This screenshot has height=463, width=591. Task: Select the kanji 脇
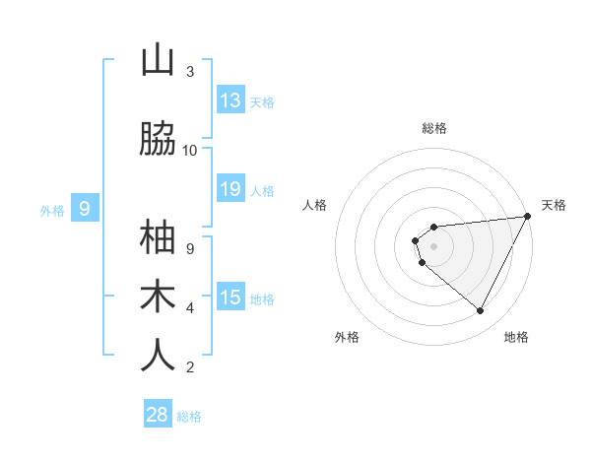[x=158, y=140]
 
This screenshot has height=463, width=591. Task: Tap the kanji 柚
[x=158, y=238]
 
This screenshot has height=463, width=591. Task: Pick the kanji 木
[x=158, y=296]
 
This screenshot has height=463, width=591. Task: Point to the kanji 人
[x=158, y=355]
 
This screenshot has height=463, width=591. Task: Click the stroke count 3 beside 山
[x=190, y=72]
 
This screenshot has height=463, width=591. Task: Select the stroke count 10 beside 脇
[x=190, y=151]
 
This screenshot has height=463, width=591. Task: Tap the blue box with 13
[x=230, y=100]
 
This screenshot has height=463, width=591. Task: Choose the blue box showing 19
[x=230, y=189]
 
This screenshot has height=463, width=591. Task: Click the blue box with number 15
[x=230, y=298]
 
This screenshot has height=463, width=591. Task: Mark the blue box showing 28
[x=158, y=415]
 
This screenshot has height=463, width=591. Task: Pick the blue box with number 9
[x=85, y=208]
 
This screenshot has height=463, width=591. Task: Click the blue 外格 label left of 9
[x=52, y=210]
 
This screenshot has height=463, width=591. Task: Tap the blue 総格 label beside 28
[x=189, y=417]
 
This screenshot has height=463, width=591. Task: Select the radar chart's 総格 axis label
[x=433, y=128]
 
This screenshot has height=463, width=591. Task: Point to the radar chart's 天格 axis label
[x=554, y=205]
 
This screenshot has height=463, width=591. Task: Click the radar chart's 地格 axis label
[x=516, y=337]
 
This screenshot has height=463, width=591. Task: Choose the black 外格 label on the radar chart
[x=347, y=337]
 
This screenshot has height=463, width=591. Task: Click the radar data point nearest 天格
[x=527, y=217]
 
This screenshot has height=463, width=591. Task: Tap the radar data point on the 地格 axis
[x=480, y=310]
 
